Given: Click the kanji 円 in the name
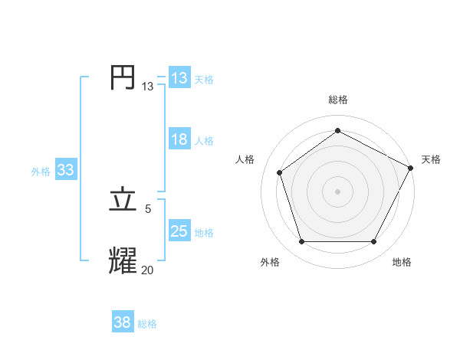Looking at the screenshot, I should tap(123, 78).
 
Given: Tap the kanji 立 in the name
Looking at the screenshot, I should tap(123, 200).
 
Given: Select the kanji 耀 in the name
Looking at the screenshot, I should tap(123, 260).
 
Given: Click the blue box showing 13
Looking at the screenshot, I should tap(179, 77).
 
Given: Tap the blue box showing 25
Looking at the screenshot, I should tap(179, 231).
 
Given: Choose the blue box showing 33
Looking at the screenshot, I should tap(65, 170).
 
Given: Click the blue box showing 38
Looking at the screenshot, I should tap(123, 322).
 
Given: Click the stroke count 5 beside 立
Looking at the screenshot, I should tap(148, 208).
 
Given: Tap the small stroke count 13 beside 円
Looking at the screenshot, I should tap(147, 87).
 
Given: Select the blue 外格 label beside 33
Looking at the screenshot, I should tap(41, 172).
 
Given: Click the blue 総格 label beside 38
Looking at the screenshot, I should tap(147, 324).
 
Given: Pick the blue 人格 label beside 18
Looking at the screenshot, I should tap(204, 141).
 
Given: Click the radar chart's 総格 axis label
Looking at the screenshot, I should tap(338, 100).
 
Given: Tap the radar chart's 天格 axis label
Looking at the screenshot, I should tap(431, 159).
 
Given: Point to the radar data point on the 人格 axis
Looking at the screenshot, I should tap(280, 172).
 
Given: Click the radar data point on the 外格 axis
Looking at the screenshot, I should tap(301, 242).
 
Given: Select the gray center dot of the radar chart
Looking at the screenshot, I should tap(338, 191).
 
